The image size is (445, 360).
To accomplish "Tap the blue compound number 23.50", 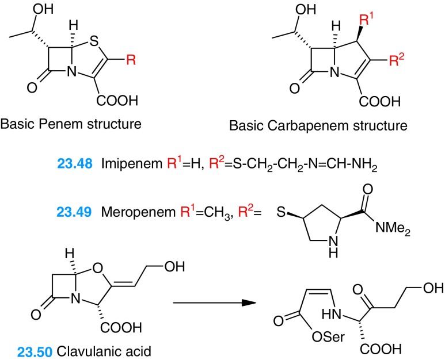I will click(x=28, y=349).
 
